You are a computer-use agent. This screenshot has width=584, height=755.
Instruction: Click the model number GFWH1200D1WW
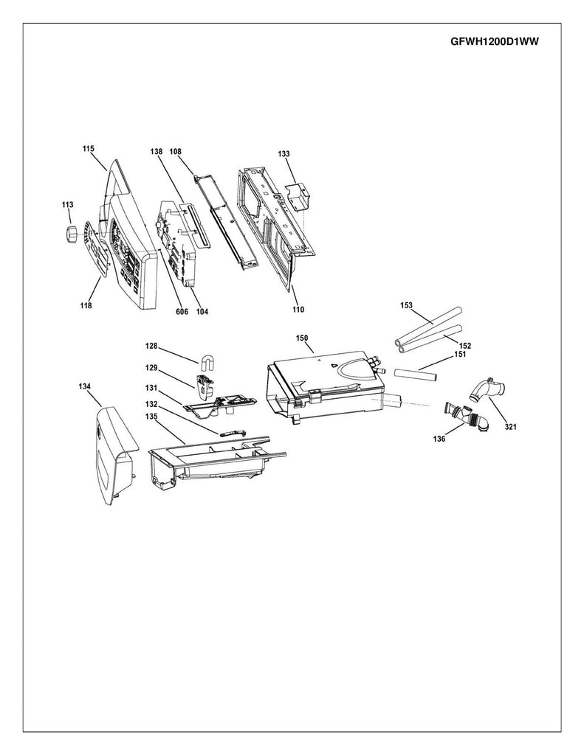click(x=493, y=42)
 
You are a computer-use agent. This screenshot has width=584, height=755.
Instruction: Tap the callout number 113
click(x=67, y=205)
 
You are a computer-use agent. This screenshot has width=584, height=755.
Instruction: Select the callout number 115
click(x=88, y=149)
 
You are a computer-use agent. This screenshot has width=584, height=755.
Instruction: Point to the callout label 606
click(x=182, y=311)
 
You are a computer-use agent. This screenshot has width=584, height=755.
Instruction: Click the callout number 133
click(x=284, y=153)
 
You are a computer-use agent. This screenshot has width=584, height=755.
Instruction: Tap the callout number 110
click(x=298, y=310)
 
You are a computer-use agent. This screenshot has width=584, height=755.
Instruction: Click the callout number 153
click(x=406, y=305)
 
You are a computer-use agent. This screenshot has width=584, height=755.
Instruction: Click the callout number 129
click(x=151, y=366)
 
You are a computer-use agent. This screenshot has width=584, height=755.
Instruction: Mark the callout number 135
click(x=151, y=415)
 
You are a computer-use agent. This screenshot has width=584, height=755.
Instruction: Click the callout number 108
click(x=175, y=151)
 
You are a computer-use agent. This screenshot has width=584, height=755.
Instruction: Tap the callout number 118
click(x=86, y=305)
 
